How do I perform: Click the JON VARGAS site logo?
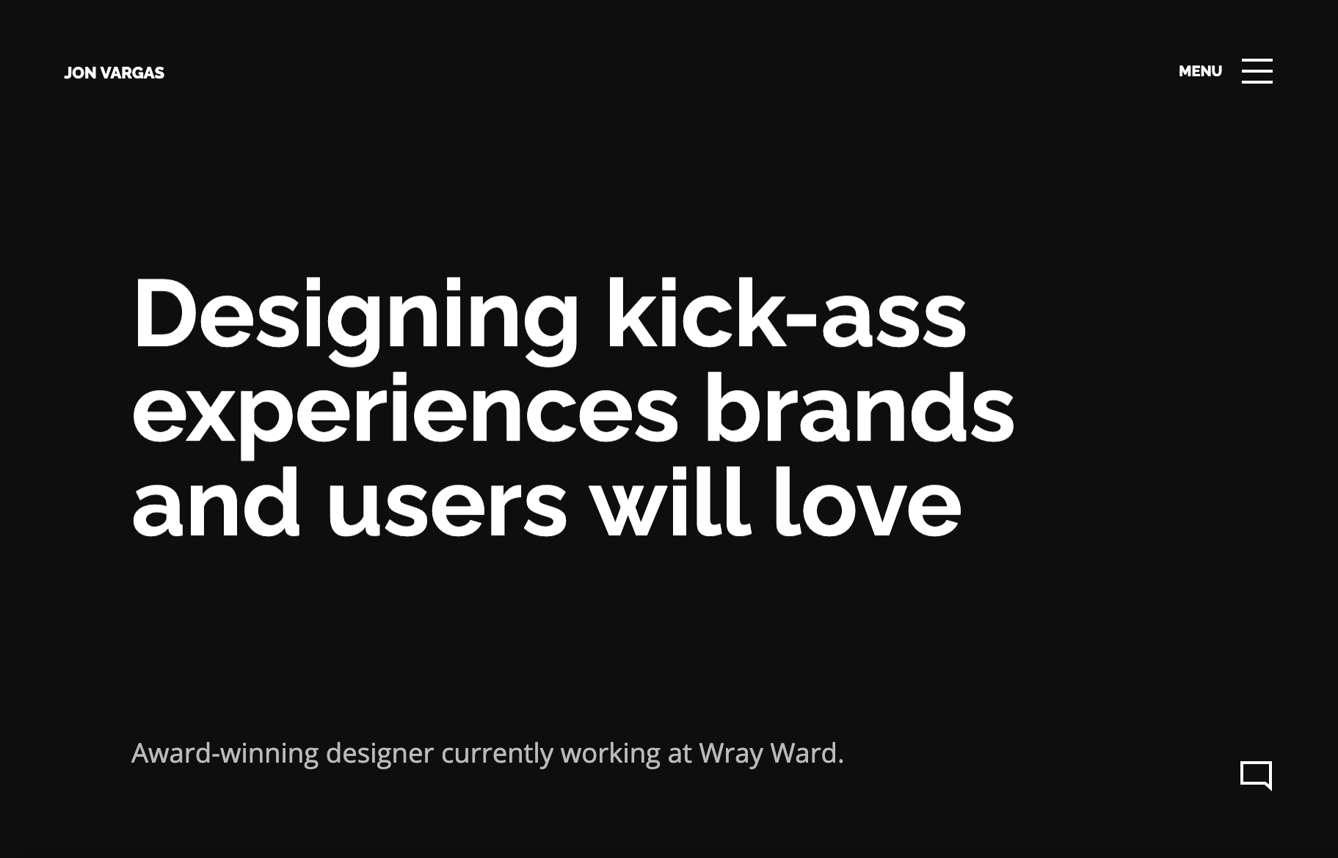click(x=114, y=73)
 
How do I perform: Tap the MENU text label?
click(x=1200, y=71)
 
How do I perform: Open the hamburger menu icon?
click(x=1257, y=71)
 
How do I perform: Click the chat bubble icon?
click(x=1256, y=776)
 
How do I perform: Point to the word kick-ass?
click(x=786, y=314)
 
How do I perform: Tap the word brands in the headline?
click(x=859, y=408)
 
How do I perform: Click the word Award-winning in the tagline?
click(x=225, y=753)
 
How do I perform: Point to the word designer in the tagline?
click(x=379, y=754)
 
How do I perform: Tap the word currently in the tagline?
click(x=497, y=754)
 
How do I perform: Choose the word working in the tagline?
click(x=611, y=754)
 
